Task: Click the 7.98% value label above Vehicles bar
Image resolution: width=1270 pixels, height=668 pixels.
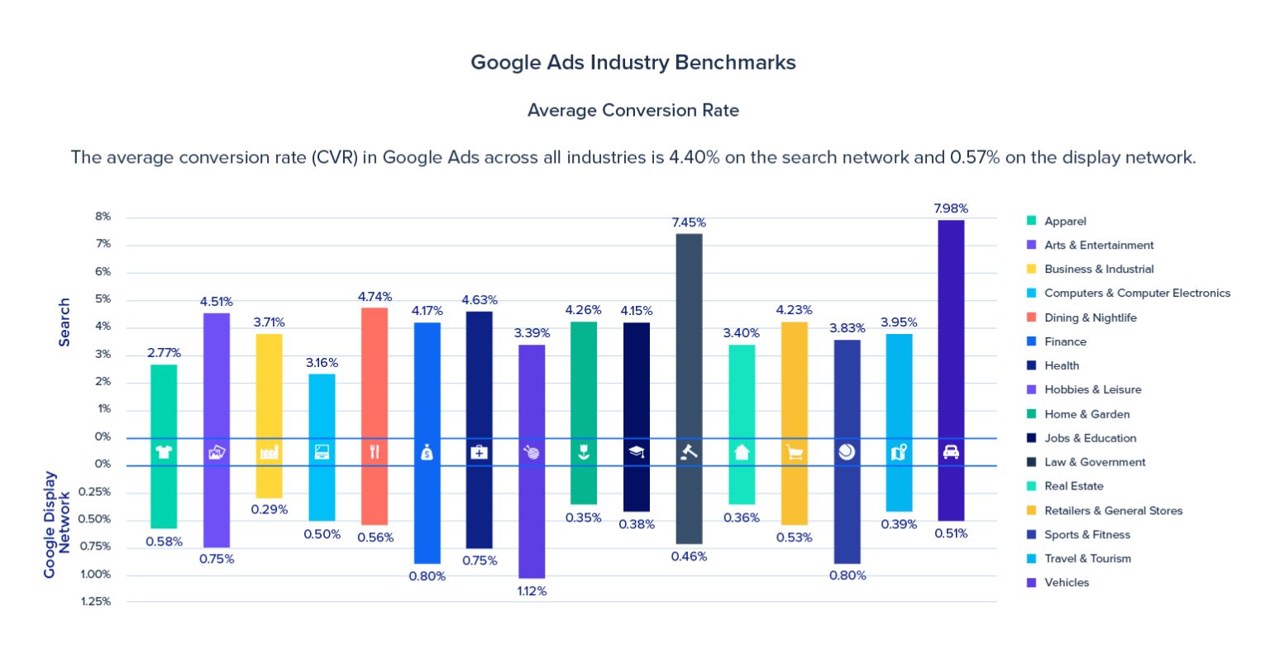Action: click(x=950, y=208)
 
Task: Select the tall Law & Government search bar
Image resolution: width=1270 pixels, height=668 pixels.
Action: click(x=689, y=331)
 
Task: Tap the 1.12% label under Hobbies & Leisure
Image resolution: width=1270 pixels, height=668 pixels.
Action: click(x=532, y=591)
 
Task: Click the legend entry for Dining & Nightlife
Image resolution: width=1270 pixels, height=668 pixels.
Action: click(x=1090, y=317)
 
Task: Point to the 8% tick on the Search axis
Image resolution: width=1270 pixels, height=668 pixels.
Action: click(x=103, y=217)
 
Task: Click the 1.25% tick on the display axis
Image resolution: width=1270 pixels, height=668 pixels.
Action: click(x=96, y=601)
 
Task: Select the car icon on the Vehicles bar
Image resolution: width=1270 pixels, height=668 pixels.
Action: click(x=951, y=452)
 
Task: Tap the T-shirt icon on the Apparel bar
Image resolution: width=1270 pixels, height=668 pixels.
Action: click(x=164, y=452)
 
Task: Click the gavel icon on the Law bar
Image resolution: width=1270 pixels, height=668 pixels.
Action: click(x=689, y=452)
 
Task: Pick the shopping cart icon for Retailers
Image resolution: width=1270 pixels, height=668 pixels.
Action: click(x=795, y=452)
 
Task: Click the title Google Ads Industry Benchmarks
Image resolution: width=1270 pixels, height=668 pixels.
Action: click(x=633, y=63)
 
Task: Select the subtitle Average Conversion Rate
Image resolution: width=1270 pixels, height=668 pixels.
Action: click(x=633, y=110)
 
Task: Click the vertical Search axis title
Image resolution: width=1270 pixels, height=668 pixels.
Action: click(x=64, y=322)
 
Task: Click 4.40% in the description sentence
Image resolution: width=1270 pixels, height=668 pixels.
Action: click(x=694, y=157)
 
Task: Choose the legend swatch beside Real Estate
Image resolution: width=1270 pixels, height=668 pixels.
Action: click(x=1031, y=486)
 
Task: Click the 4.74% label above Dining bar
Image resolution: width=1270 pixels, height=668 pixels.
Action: click(x=375, y=297)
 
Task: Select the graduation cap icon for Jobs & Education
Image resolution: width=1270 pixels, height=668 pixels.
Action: click(x=637, y=452)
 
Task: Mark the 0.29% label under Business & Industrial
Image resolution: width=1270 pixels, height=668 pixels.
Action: click(x=270, y=509)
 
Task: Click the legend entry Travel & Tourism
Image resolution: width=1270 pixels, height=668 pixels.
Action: click(x=1087, y=558)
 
